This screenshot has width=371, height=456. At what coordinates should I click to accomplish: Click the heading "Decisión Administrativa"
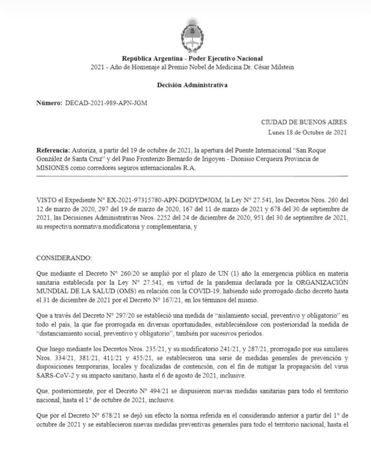(x=192, y=85)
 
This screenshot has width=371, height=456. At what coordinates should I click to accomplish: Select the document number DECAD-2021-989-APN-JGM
(x=106, y=103)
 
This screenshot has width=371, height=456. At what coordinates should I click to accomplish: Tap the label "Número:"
(x=49, y=103)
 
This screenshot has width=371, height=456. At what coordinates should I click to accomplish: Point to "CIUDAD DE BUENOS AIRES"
(x=304, y=122)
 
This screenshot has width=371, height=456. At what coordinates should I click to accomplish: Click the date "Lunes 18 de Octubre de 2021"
(x=307, y=132)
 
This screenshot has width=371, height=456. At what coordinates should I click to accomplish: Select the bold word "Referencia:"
(x=53, y=150)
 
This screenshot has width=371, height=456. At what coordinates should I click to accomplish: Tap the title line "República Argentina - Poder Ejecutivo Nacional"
(x=192, y=58)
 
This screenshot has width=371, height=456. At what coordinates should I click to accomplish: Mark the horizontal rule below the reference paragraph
(x=192, y=176)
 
